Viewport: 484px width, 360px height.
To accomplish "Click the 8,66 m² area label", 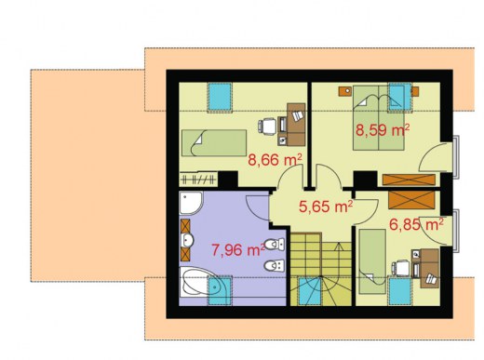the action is (x=275, y=160).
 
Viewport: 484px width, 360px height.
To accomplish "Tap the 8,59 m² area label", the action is (x=383, y=130).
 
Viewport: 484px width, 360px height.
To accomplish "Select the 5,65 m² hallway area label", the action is (x=326, y=207).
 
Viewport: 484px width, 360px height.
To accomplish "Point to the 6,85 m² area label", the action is (x=416, y=224).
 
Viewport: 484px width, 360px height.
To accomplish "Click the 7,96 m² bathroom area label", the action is (x=238, y=250).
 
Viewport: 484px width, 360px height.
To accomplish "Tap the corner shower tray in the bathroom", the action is (x=191, y=203).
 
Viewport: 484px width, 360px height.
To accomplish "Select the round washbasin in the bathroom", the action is (x=187, y=240).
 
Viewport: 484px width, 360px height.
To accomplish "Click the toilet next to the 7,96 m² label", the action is (x=275, y=245).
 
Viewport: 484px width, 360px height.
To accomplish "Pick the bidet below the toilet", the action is (x=275, y=265).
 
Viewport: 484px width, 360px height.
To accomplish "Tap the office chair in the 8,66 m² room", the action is (x=267, y=126).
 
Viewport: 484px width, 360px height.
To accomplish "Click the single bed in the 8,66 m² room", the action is (x=214, y=143).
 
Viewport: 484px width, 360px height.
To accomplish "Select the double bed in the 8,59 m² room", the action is (x=379, y=118).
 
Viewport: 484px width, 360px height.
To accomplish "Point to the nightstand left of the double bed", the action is (x=345, y=91).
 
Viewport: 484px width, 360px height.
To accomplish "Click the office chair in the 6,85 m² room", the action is (x=401, y=268).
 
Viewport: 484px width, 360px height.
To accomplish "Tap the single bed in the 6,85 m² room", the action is (x=372, y=261).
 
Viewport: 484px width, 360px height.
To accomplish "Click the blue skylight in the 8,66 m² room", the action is (x=220, y=97).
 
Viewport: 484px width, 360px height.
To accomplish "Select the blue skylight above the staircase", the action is (x=310, y=291).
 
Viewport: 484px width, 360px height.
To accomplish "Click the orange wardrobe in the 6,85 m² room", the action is (x=411, y=200).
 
